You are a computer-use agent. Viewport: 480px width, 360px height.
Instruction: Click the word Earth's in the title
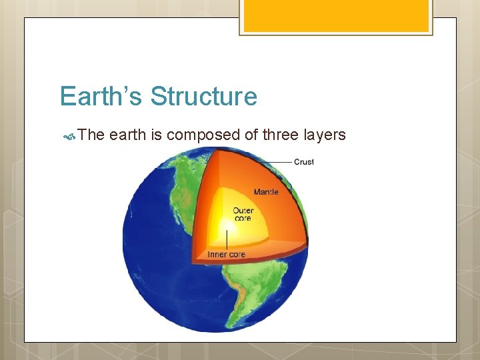pos(102,97)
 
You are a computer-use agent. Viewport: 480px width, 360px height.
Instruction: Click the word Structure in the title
pos(203,97)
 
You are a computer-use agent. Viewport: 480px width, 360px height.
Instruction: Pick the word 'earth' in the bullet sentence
pos(128,135)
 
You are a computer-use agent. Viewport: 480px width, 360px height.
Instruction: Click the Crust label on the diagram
pos(304,162)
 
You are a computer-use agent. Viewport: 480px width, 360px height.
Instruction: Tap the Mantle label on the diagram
pos(266,192)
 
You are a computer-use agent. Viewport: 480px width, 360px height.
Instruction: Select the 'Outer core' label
pos(243,215)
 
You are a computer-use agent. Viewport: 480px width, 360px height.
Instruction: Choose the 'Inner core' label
pos(226,254)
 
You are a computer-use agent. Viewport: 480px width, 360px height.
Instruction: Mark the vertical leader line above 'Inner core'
pos(228,238)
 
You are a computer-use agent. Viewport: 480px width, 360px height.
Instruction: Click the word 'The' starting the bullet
pos(91,135)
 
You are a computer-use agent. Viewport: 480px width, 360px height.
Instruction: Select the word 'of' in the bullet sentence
pos(251,135)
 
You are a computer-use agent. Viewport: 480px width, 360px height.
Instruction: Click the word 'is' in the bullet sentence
pos(157,135)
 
